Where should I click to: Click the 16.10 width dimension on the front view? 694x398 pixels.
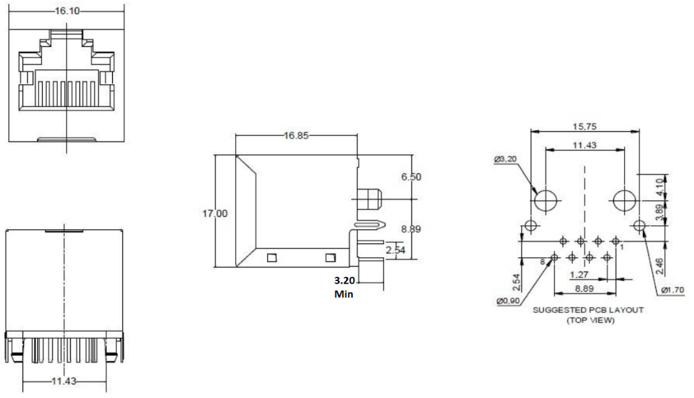(x=66, y=12)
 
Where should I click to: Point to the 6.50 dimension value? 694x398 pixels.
(x=411, y=176)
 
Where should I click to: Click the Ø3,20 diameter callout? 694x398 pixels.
(x=506, y=159)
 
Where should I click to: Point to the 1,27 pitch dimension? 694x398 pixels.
(x=579, y=276)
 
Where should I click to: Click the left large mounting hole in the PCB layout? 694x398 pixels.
(x=545, y=201)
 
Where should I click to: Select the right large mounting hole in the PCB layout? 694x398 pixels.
(x=625, y=201)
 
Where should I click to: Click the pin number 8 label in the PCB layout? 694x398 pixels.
(x=542, y=261)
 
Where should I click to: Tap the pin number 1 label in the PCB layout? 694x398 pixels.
(x=622, y=248)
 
